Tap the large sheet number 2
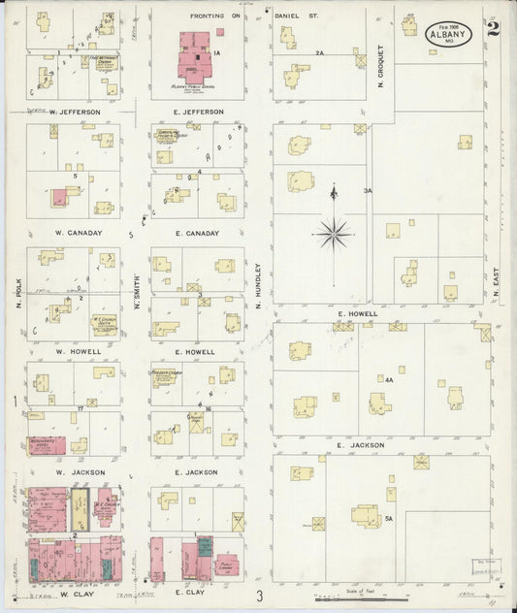(x=494, y=27)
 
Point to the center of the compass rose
(x=333, y=233)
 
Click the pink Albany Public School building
(x=198, y=58)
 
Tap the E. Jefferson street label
(x=198, y=113)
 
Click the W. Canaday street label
(x=73, y=232)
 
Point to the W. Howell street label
(x=73, y=351)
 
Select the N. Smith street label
(x=137, y=291)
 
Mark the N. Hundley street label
(x=259, y=287)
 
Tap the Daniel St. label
(x=294, y=16)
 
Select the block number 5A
(x=388, y=519)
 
